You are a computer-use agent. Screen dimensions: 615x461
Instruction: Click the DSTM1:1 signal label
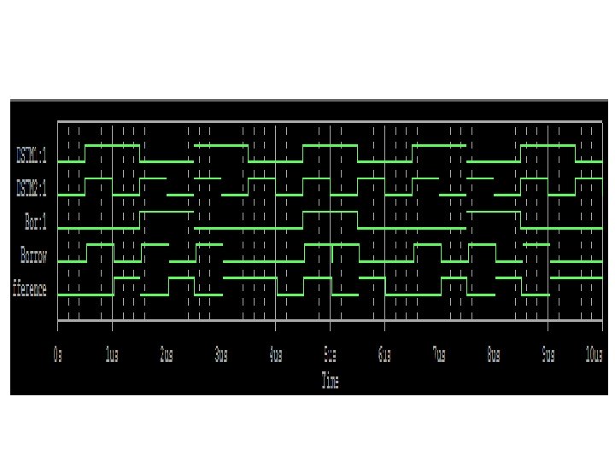pyautogui.click(x=32, y=155)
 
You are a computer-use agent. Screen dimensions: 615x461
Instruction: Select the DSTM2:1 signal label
pyautogui.click(x=32, y=187)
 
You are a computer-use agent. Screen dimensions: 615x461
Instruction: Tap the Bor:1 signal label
pyautogui.click(x=35, y=221)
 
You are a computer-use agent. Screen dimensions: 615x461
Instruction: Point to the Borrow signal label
pyautogui.click(x=33, y=255)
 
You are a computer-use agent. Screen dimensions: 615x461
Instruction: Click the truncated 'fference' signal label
pyautogui.click(x=29, y=289)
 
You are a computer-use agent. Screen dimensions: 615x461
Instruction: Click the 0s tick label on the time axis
pyautogui.click(x=58, y=353)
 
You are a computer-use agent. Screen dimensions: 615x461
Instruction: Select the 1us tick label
pyautogui.click(x=111, y=353)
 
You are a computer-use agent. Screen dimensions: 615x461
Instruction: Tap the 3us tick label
pyautogui.click(x=220, y=353)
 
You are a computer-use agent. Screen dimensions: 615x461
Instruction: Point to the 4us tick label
pyautogui.click(x=275, y=353)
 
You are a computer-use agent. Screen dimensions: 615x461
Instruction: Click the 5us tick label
pyautogui.click(x=330, y=353)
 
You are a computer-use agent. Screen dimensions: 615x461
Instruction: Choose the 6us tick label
pyautogui.click(x=384, y=353)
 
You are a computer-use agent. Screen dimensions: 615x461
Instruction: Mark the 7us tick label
pyautogui.click(x=439, y=353)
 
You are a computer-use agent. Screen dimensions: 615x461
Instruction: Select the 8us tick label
pyautogui.click(x=494, y=353)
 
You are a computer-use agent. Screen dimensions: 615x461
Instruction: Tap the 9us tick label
pyautogui.click(x=548, y=353)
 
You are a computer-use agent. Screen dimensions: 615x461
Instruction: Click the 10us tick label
pyautogui.click(x=594, y=353)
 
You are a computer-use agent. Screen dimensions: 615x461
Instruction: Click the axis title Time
pyautogui.click(x=330, y=381)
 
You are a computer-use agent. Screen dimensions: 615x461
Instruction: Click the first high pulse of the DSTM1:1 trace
pyautogui.click(x=112, y=146)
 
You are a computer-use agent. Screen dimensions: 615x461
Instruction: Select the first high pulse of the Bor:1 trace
pyautogui.click(x=167, y=213)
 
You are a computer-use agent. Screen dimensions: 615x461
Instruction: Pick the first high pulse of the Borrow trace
pyautogui.click(x=99, y=245)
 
